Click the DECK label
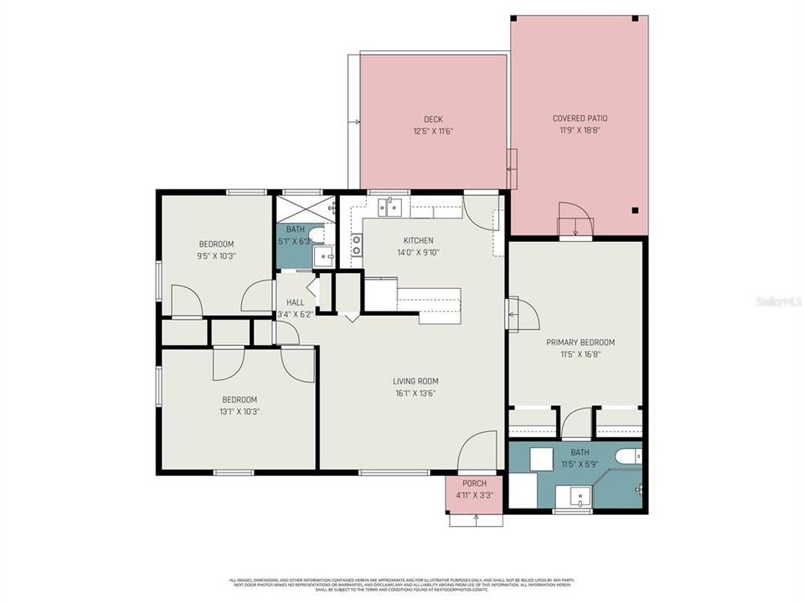(x=433, y=119)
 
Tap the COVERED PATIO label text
(x=580, y=119)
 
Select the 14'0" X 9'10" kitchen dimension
(x=418, y=252)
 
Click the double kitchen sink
(x=390, y=206)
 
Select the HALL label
(x=296, y=302)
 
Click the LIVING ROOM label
(x=416, y=381)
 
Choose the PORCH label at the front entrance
(x=474, y=483)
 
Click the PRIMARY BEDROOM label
(x=580, y=342)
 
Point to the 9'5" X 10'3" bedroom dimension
(x=216, y=255)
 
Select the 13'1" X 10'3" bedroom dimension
(x=240, y=411)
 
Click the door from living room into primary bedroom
(x=521, y=314)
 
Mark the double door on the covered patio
(x=576, y=219)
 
